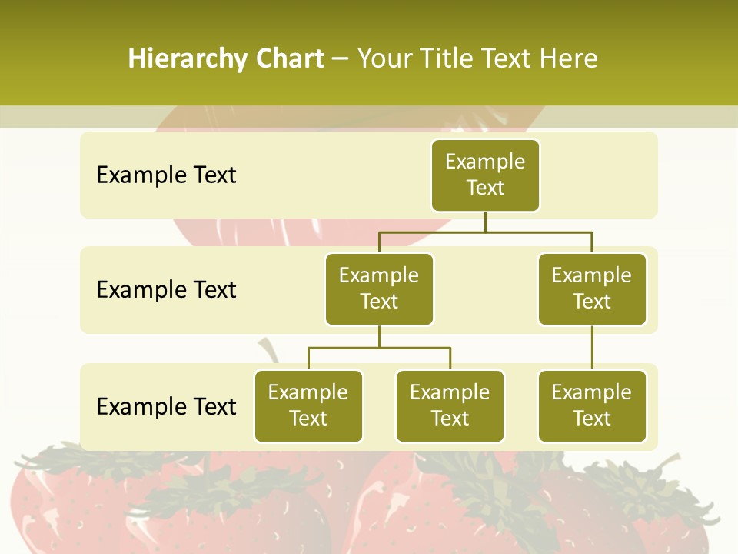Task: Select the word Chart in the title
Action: coord(289,59)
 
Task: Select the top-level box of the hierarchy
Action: coord(485,175)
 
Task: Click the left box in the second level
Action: coord(379,289)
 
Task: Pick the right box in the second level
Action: coord(592,289)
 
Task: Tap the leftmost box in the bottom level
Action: coord(308,405)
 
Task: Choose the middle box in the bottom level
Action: coord(450,405)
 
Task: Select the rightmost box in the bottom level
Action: coord(592,405)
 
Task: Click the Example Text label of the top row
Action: coord(166,175)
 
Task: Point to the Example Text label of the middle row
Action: coord(166,290)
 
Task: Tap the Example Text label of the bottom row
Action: coord(166,406)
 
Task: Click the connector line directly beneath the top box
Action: coord(485,222)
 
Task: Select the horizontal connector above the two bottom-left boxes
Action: coord(379,348)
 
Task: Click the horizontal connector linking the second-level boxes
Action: coord(538,231)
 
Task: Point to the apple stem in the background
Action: coord(269,350)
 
